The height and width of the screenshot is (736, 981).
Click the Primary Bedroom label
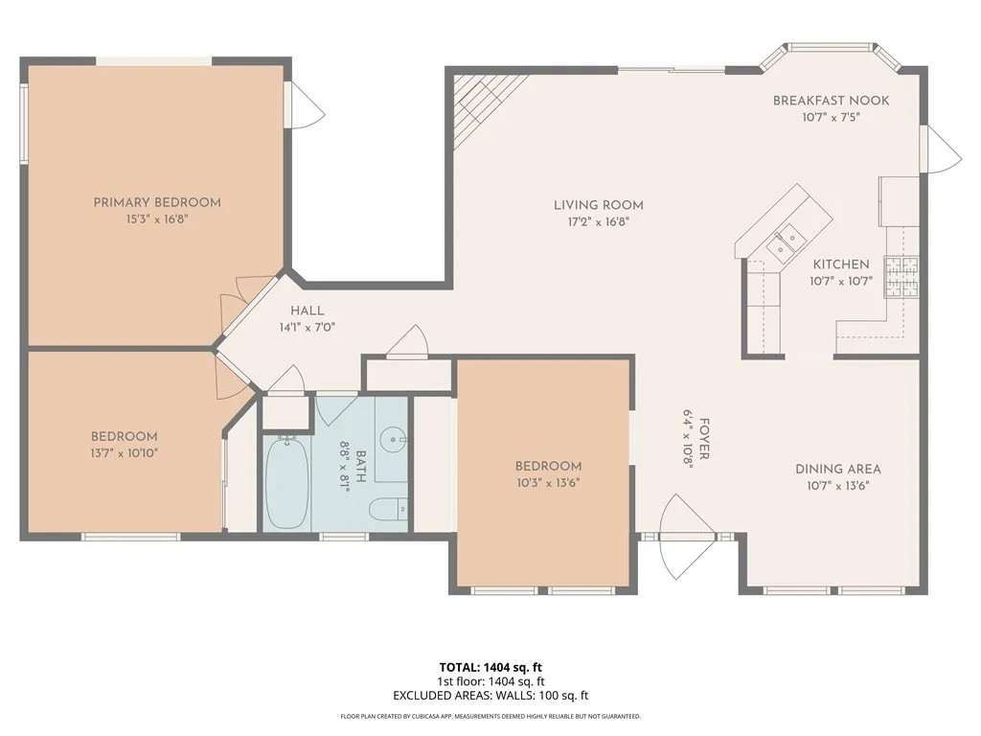click(x=157, y=202)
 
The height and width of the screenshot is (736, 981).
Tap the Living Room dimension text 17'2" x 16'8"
click(x=598, y=221)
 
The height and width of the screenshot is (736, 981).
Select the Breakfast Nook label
click(x=831, y=101)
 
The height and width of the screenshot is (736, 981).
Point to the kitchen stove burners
click(x=901, y=276)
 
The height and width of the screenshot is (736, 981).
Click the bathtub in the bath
click(x=285, y=483)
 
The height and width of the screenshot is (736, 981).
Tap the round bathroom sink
click(x=392, y=442)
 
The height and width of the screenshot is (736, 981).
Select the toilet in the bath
click(x=389, y=509)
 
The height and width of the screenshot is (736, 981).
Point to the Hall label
click(x=308, y=310)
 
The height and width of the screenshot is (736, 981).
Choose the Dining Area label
click(x=837, y=469)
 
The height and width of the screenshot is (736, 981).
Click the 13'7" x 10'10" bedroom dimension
click(x=125, y=452)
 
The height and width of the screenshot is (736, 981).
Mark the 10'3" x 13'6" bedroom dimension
click(x=548, y=482)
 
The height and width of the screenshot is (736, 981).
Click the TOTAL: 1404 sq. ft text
click(x=490, y=666)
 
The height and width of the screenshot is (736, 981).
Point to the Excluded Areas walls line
click(x=490, y=696)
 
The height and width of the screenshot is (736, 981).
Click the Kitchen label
click(x=841, y=264)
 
